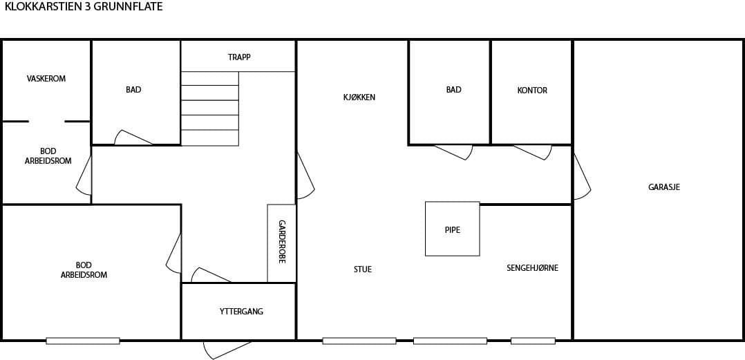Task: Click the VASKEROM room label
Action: [46, 78]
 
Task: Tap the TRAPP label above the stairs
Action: [239, 57]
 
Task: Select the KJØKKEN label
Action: [359, 97]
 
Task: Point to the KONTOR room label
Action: [532, 90]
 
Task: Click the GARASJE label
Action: [664, 187]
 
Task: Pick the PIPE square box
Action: [452, 229]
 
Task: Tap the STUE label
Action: [363, 269]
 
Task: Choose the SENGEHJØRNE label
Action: [532, 268]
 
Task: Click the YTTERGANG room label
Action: [241, 312]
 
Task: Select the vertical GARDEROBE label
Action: [282, 242]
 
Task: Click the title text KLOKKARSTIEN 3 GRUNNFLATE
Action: [84, 7]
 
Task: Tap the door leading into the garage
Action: [582, 177]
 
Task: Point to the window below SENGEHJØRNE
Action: [533, 341]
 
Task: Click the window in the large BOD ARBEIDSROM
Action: [83, 341]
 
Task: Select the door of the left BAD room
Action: [133, 138]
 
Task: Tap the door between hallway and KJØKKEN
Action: [305, 176]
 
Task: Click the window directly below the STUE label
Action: [359, 341]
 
